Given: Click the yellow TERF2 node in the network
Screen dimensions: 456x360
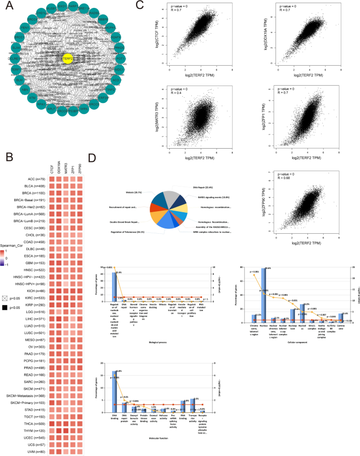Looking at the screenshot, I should [x=67, y=59].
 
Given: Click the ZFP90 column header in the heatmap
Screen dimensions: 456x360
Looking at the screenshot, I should [x=80, y=168].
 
